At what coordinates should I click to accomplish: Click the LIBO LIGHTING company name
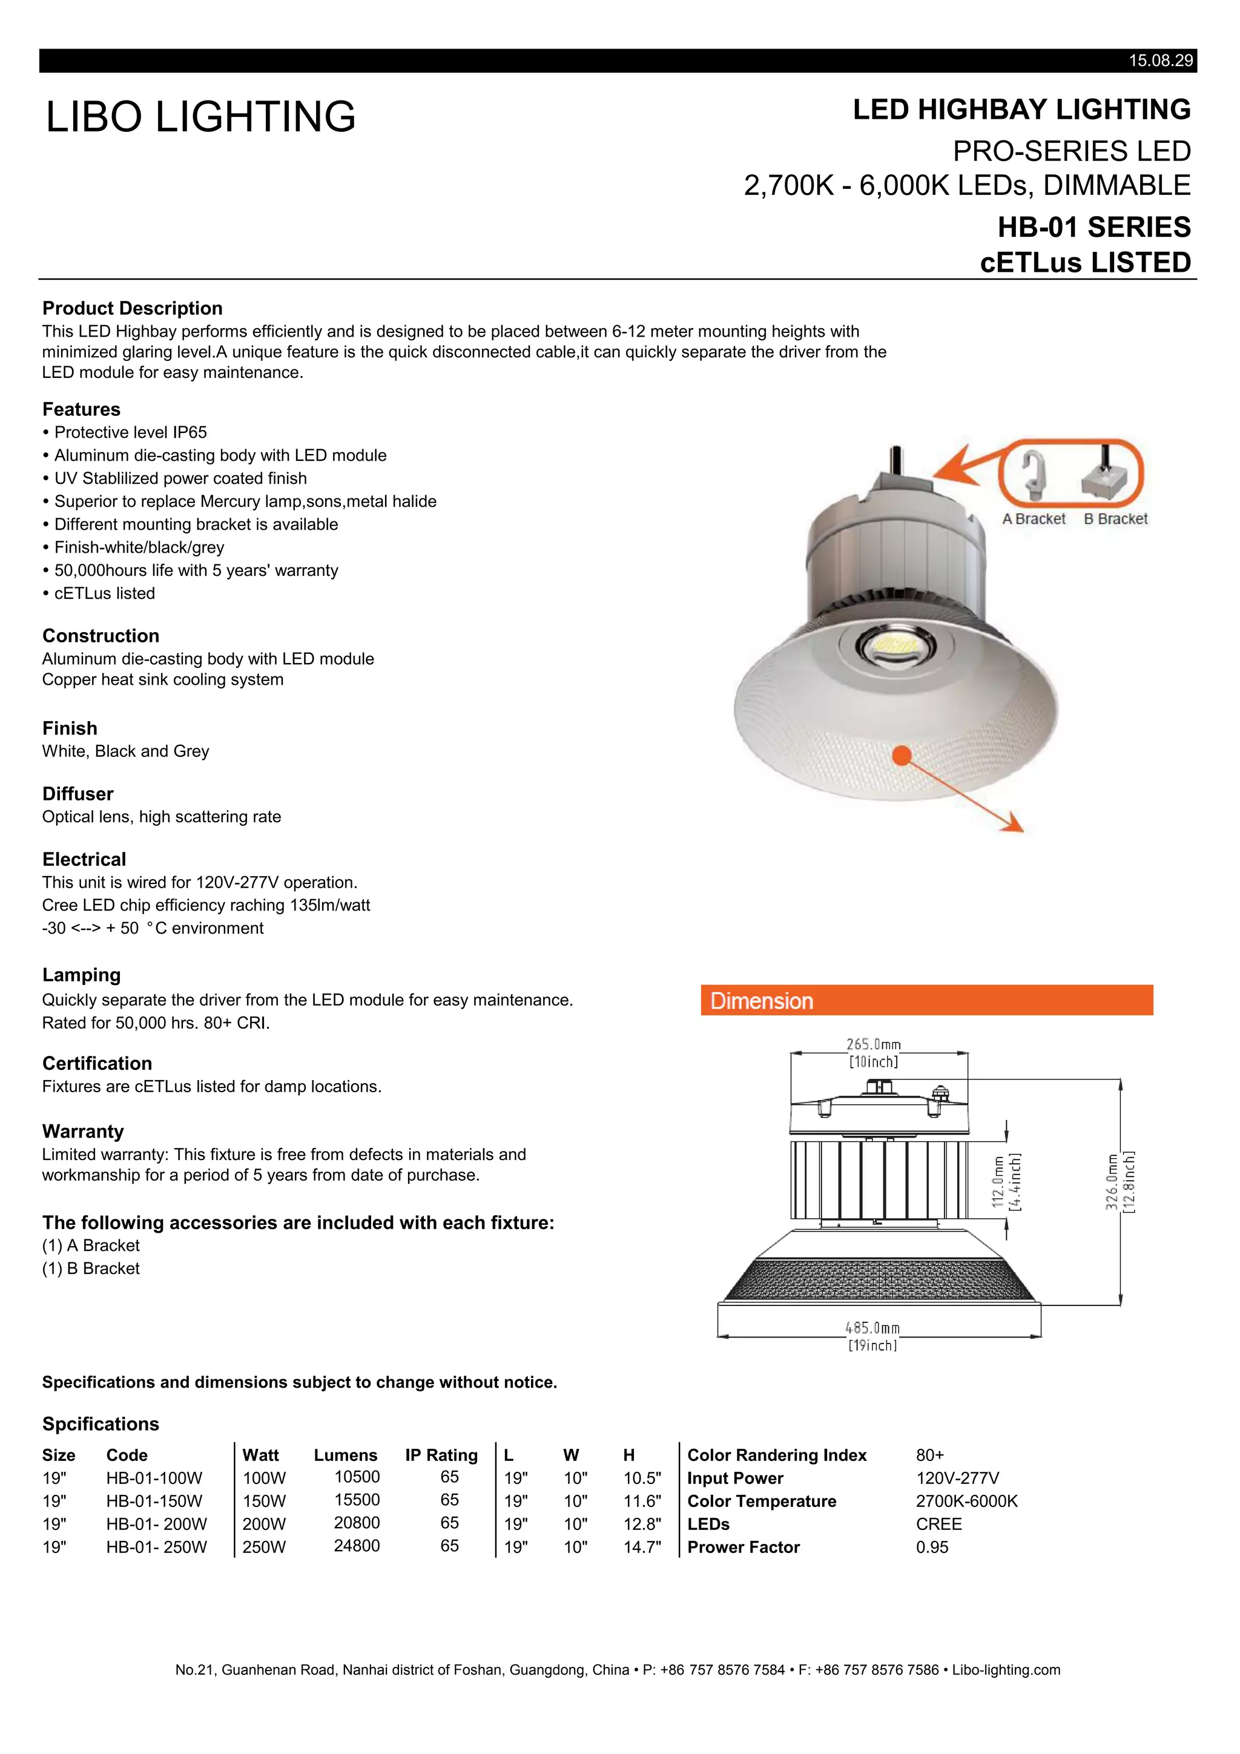(201, 117)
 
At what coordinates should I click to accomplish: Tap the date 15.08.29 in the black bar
(1160, 61)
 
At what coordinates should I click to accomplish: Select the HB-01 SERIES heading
(1094, 228)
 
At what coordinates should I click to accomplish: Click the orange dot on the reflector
(902, 756)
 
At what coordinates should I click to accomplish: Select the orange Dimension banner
(926, 1001)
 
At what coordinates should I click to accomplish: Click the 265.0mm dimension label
(873, 1044)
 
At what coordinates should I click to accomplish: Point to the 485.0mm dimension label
(872, 1328)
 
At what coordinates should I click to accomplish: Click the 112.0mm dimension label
(998, 1182)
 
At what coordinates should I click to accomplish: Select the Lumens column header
(345, 1456)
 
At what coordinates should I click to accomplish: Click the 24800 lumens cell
(357, 1546)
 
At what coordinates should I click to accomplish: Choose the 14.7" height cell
(642, 1547)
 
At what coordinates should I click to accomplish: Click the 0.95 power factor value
(932, 1547)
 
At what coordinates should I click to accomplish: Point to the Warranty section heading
(82, 1132)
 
